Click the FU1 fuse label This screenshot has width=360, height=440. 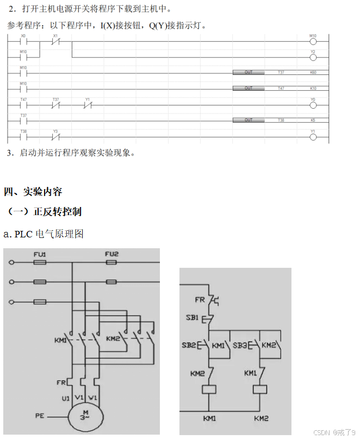pos(40,254)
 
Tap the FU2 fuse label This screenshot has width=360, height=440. pos(111,254)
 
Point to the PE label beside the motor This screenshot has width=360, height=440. pos(40,416)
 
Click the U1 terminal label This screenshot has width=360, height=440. pos(65,398)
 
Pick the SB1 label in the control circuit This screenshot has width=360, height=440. pos(191,317)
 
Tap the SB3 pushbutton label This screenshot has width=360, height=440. pos(240,345)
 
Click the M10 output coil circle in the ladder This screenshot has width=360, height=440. pos(313,41)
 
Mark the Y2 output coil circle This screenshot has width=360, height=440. pos(313,57)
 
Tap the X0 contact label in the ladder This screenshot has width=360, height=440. pos(23,35)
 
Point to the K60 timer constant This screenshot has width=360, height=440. pos(313,72)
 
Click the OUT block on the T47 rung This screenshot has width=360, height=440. pos(249,88)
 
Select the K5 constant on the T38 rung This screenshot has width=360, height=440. pos(313,120)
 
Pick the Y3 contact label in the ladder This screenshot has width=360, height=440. pos(55,131)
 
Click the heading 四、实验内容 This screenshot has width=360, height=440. pos(33,192)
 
